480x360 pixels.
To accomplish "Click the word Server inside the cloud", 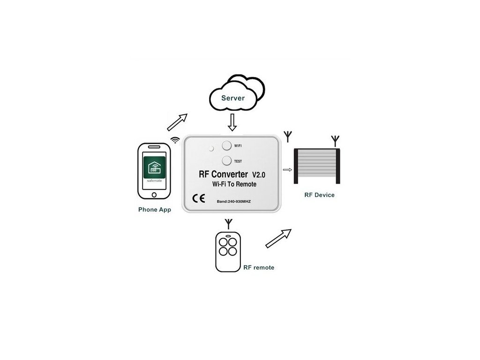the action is [x=233, y=98].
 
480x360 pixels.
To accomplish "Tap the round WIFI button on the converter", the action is [x=226, y=145].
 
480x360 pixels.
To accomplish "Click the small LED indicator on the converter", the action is [x=211, y=149].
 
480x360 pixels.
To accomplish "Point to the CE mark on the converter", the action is [x=199, y=198].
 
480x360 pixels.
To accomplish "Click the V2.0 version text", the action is [x=259, y=175].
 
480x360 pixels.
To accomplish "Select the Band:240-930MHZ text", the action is [x=233, y=202].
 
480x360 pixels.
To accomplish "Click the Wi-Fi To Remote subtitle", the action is [x=234, y=184].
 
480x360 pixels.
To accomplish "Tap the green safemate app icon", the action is [x=154, y=168].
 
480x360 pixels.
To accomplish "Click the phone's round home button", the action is [x=154, y=195].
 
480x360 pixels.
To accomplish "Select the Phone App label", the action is [x=155, y=210].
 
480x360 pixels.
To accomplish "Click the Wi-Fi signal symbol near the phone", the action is [x=175, y=140].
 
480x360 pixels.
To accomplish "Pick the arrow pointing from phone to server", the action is [x=177, y=122].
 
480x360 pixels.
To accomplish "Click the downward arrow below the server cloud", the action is [x=232, y=122].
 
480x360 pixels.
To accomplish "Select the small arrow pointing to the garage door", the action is [x=287, y=170].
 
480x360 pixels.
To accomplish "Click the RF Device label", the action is [x=319, y=195].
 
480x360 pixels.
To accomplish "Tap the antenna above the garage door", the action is [x=335, y=141].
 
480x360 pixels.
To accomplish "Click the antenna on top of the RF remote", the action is [x=228, y=224].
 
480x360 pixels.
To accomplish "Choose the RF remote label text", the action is [x=259, y=268].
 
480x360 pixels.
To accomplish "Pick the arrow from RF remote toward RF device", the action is [x=278, y=239].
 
